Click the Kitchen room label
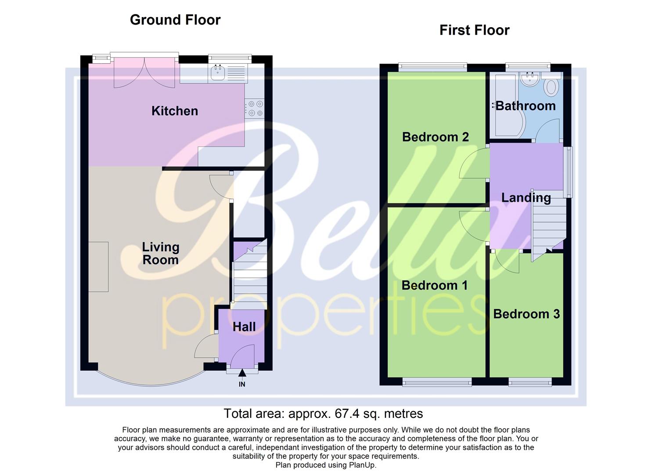[174, 111]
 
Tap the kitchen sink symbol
[218, 73]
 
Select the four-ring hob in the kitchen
[255, 108]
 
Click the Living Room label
[160, 253]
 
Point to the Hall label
[244, 327]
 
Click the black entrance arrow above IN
[242, 373]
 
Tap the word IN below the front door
[242, 384]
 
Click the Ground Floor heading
[175, 20]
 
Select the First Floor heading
[474, 30]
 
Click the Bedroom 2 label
[435, 137]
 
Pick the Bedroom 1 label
[434, 285]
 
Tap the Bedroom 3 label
[526, 314]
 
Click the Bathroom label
[526, 106]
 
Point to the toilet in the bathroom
[551, 86]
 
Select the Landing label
[526, 197]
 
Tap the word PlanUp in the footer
[362, 465]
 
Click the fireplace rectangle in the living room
[98, 266]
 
